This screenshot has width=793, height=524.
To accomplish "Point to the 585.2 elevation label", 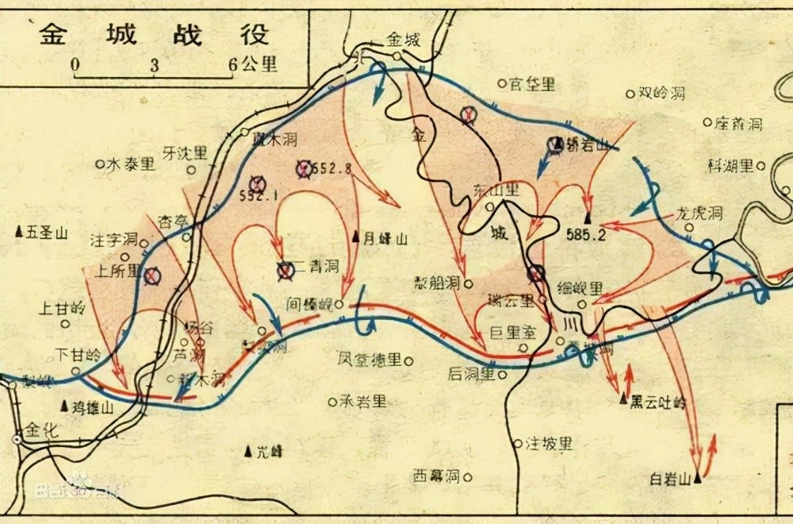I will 587,235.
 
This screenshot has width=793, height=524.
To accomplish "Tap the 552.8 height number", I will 331,168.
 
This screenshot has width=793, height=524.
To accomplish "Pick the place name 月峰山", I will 385,237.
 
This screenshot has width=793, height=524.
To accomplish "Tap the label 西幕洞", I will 436,476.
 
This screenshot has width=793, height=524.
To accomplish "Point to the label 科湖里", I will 730,165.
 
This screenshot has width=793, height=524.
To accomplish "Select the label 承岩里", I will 363,402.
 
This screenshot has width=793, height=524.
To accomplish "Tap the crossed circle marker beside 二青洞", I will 285,270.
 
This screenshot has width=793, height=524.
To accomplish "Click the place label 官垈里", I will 532,83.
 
